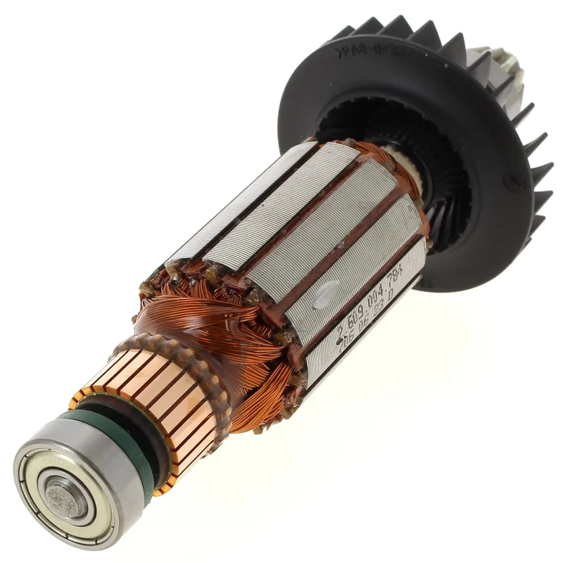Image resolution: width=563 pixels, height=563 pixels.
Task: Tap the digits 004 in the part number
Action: [x=377, y=296]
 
